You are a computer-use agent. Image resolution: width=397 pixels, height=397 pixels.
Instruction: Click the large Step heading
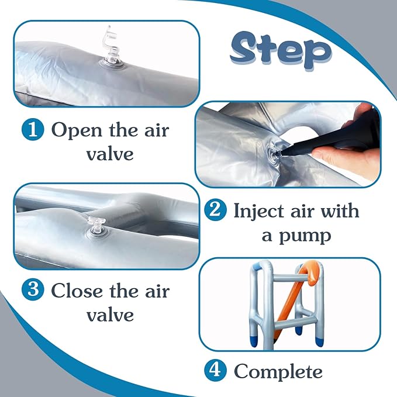click(x=281, y=50)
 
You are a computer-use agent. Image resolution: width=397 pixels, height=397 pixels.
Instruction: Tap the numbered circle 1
click(x=33, y=129)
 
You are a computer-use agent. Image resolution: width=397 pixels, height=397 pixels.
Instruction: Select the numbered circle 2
click(x=216, y=210)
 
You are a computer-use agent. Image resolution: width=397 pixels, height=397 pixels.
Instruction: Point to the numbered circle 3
click(x=33, y=289)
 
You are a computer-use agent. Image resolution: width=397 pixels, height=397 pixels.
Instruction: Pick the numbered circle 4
click(x=216, y=370)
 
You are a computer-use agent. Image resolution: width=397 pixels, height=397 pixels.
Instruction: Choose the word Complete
click(x=278, y=372)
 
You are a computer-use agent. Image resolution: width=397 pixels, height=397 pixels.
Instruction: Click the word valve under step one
click(x=110, y=154)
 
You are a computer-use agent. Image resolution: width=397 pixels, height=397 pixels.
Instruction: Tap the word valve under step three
click(x=110, y=315)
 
